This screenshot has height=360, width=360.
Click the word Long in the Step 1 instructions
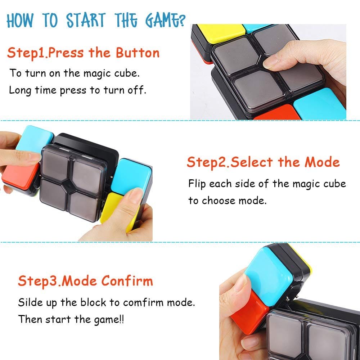[x=20, y=90]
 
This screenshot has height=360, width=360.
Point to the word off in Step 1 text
[x=136, y=90]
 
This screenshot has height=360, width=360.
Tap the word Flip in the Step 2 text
[x=197, y=184]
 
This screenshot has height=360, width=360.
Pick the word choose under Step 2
[x=217, y=200]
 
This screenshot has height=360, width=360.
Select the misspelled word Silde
[x=30, y=302]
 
